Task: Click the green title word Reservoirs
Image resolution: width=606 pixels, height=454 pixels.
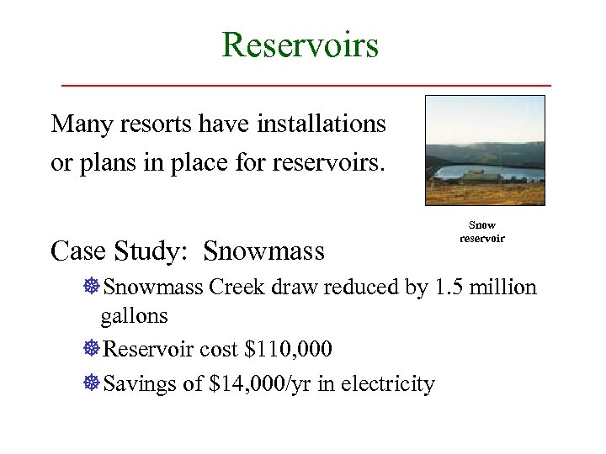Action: [x=300, y=44]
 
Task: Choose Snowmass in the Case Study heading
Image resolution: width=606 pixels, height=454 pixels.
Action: [x=264, y=251]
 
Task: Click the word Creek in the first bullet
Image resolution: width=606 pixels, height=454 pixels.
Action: [x=237, y=288]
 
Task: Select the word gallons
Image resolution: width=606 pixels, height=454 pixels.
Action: [x=134, y=316]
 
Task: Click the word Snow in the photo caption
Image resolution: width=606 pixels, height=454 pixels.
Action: [x=482, y=225]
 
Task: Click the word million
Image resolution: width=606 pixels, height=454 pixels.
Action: [x=502, y=288]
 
